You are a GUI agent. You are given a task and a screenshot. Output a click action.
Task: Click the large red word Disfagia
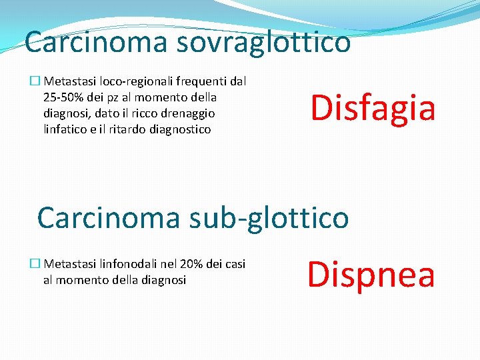[x=372, y=108]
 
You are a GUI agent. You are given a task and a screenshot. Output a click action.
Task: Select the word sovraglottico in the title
[x=263, y=41]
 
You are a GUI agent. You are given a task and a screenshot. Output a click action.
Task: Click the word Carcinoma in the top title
[x=95, y=41]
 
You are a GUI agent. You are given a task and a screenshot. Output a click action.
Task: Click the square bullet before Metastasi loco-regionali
[x=35, y=82]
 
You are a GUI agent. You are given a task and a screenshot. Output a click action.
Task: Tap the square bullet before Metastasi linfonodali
[x=35, y=265]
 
